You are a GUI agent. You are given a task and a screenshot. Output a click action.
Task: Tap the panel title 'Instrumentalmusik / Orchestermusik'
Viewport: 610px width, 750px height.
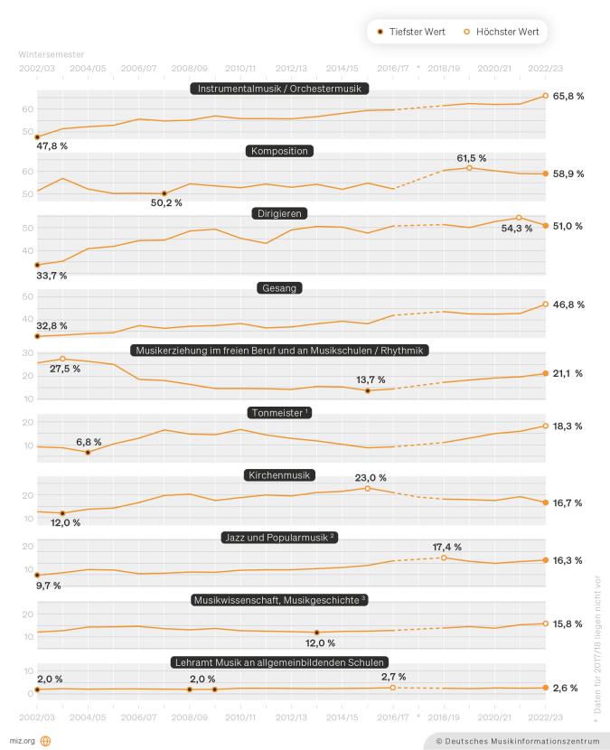click(x=280, y=89)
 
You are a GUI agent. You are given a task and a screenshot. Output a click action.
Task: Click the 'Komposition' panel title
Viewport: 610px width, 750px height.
click(x=280, y=151)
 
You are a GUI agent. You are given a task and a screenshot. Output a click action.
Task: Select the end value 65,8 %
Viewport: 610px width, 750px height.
click(x=568, y=94)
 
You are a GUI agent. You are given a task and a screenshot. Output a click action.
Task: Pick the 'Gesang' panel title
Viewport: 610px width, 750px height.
click(x=280, y=287)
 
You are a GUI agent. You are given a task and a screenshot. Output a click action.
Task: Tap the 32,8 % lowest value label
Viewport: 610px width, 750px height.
click(x=52, y=325)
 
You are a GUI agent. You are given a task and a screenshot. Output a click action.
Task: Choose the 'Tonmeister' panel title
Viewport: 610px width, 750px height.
click(x=280, y=412)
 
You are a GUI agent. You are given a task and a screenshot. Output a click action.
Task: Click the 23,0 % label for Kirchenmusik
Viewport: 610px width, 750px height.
click(x=371, y=477)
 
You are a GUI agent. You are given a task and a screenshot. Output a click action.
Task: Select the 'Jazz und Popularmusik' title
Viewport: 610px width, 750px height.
click(x=280, y=537)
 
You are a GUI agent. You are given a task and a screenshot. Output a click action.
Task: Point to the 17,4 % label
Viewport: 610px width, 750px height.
click(x=447, y=547)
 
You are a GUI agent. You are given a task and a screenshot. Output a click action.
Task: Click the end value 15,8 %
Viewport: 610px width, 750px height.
click(x=568, y=623)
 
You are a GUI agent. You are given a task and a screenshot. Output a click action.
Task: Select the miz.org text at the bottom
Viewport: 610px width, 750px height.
click(x=22, y=739)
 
